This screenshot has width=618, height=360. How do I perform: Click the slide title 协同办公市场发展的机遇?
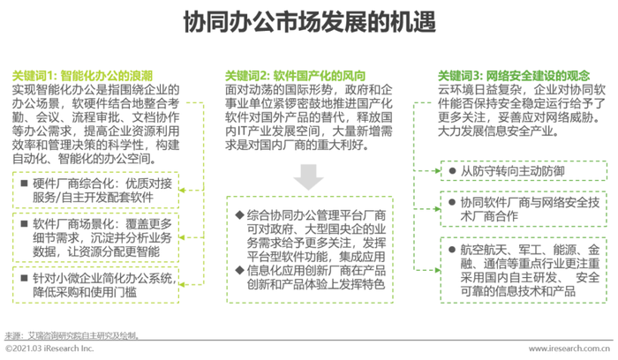(309, 21)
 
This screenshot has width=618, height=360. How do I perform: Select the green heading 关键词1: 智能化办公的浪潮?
(82, 76)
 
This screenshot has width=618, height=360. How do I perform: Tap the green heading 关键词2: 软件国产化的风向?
(295, 76)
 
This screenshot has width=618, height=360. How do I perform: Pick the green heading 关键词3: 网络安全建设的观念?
(514, 76)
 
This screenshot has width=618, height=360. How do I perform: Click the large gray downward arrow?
(309, 176)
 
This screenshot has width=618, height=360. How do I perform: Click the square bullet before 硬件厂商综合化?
(25, 183)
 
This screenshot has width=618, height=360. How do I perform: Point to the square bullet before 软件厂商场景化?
(25, 223)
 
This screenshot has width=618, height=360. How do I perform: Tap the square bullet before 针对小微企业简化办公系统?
(25, 278)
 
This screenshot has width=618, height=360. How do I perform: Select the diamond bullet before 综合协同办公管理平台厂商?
(239, 214)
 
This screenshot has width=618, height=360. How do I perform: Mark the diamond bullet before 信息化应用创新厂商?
(239, 270)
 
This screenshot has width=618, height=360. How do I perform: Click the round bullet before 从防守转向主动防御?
(452, 171)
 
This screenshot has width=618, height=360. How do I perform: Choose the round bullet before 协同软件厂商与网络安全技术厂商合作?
(452, 202)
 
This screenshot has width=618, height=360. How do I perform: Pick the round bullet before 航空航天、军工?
(452, 250)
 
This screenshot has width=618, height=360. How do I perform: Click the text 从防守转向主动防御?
(513, 171)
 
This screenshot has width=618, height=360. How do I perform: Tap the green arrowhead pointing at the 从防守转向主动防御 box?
(438, 170)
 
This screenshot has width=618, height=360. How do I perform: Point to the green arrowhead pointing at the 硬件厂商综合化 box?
(182, 191)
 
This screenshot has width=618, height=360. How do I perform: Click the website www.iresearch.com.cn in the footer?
(569, 349)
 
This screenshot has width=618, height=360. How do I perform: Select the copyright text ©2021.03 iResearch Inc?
(49, 349)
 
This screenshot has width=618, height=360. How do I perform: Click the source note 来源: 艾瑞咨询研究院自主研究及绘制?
(72, 335)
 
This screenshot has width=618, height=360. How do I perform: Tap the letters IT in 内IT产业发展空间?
(243, 131)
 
